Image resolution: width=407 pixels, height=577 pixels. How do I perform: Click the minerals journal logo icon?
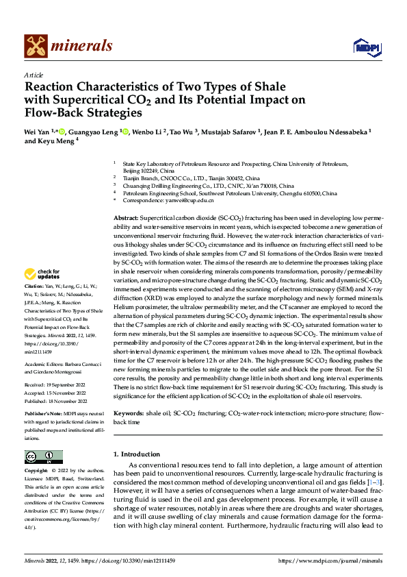point(36,46)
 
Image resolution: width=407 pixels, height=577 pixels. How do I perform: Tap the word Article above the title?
point(34,75)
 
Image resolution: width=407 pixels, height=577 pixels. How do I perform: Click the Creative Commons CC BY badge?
point(43,457)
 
